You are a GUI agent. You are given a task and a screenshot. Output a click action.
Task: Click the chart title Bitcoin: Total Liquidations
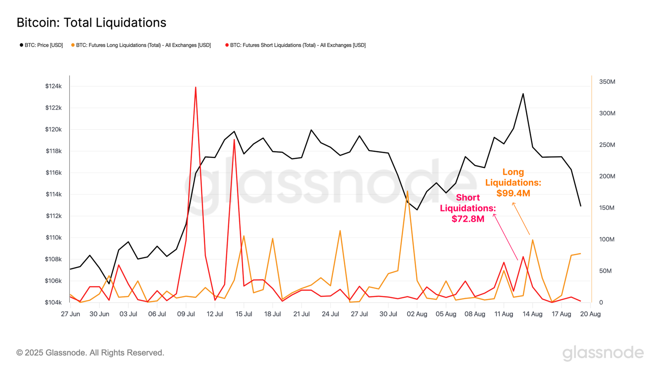tap(91, 23)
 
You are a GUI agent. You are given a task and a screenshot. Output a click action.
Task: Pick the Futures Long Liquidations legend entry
tap(141, 45)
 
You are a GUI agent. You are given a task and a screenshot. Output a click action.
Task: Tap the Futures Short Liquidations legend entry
tap(296, 45)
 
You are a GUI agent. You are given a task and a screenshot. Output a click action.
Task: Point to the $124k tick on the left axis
tap(54, 86)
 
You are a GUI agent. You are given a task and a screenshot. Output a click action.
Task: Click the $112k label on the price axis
tap(54, 216)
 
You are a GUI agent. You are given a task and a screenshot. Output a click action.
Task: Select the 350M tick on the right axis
tap(607, 82)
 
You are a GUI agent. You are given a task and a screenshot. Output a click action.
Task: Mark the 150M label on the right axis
tap(607, 208)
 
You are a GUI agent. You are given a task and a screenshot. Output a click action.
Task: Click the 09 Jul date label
tap(186, 314)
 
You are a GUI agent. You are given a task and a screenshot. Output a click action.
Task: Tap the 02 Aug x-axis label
tap(417, 314)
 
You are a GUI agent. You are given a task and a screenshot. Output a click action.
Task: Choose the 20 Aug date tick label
tap(590, 314)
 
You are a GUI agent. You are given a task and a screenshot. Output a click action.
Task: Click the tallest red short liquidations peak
tap(196, 88)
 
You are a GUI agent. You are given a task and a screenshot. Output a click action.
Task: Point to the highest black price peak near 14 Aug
tap(523, 94)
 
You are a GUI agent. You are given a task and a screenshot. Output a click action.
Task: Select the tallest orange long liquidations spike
tap(407, 191)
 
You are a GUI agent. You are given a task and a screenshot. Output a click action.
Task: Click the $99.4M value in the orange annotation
tap(513, 193)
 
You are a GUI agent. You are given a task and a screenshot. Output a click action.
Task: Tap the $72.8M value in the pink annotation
tap(468, 219)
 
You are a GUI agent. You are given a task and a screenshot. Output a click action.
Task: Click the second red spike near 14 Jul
tap(234, 140)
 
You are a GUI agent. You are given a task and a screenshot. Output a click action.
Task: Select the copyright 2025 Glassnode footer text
tap(90, 353)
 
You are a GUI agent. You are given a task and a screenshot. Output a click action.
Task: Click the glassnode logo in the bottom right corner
tap(603, 353)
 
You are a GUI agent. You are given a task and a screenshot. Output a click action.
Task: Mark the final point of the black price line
tap(581, 206)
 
